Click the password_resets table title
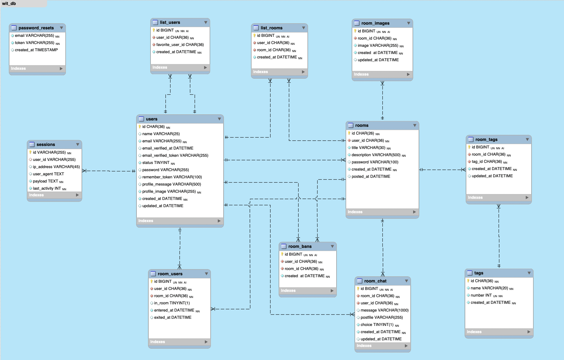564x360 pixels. coord(36,28)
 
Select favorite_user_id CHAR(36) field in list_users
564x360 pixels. coord(180,45)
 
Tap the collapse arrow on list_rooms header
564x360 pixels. coord(303,28)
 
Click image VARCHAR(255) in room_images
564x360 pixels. coord(378,45)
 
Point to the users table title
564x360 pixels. coord(152,119)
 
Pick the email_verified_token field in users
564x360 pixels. coord(175,155)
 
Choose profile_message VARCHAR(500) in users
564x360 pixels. coord(172,184)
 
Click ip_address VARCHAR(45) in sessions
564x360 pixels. coord(56,167)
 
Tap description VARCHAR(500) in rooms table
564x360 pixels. coord(376,155)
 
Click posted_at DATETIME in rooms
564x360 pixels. coord(371,176)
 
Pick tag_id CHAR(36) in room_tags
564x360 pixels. coord(487,161)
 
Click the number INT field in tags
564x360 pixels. coord(481,295)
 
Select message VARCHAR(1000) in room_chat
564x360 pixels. coord(384,310)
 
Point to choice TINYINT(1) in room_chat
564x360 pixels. coord(377,325)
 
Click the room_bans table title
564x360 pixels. coord(300,246)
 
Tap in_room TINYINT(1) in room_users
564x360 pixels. coord(172,303)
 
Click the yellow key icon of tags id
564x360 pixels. coord(468,281)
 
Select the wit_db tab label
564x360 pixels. coord(9,4)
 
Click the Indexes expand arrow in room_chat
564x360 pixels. coord(406,346)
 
